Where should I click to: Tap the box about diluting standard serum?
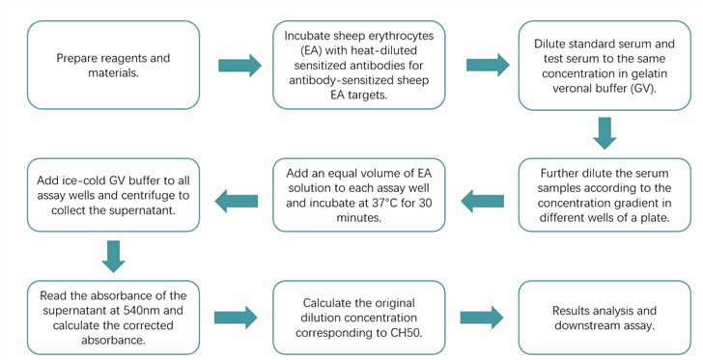604,66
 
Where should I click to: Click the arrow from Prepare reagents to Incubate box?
239,67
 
